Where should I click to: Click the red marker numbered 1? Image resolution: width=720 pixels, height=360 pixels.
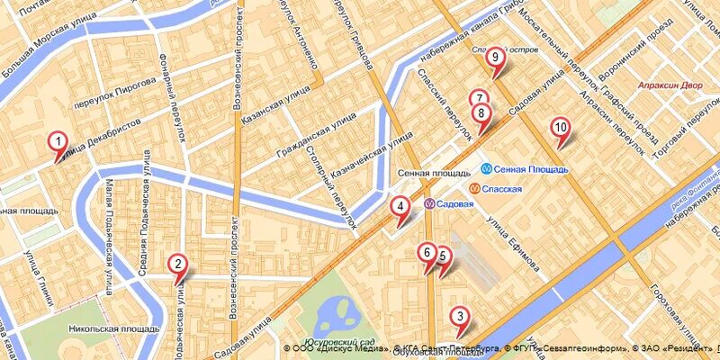point(57,141)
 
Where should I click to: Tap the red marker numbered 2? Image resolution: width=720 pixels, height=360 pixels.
point(178,264)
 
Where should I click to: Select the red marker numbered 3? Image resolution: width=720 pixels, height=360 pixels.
point(460,316)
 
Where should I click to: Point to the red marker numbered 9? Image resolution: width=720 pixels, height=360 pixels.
point(494,57)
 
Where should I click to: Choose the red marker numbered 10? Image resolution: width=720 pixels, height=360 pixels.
point(560,128)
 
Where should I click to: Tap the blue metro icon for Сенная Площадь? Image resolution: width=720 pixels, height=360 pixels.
point(485,168)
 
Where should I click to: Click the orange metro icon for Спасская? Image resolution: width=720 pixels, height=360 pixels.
point(473,188)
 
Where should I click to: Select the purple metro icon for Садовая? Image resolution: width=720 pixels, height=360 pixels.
point(430,203)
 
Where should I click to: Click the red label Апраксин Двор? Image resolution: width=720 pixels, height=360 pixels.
point(669,86)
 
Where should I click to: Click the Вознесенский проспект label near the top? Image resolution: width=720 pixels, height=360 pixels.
point(238,67)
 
